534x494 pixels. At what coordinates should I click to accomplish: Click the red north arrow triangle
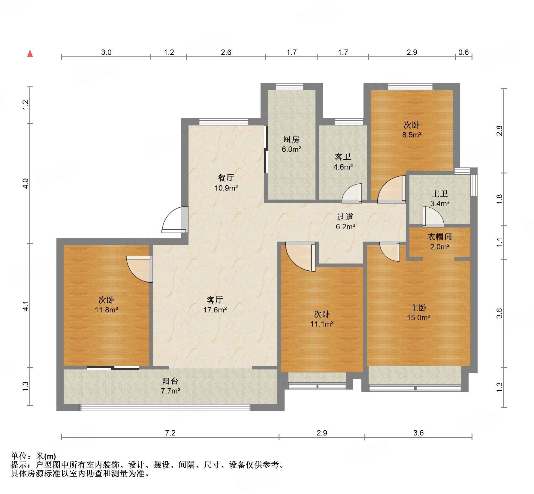(x=30, y=54)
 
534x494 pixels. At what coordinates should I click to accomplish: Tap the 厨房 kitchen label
(x=291, y=139)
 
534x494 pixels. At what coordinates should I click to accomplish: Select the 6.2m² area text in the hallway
(x=345, y=227)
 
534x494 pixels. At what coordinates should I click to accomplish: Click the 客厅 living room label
(x=215, y=300)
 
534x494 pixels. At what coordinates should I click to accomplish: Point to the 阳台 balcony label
(x=170, y=381)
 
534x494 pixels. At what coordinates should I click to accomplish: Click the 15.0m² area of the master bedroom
(x=418, y=318)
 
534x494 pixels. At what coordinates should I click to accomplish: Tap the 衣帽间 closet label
(x=439, y=236)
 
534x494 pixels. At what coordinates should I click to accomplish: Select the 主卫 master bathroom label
(x=439, y=194)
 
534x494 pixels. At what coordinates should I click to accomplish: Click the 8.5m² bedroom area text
(x=412, y=135)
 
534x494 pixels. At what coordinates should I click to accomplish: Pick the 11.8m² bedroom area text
(x=106, y=309)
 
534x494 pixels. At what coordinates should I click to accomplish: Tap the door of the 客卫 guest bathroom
(x=352, y=193)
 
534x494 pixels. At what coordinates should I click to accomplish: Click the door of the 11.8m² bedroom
(x=138, y=269)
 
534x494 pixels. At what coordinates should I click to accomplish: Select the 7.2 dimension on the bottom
(x=170, y=433)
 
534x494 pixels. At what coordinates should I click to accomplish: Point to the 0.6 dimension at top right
(x=463, y=52)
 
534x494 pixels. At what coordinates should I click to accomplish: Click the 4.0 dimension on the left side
(x=26, y=183)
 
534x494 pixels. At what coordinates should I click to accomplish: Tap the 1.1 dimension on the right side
(x=499, y=242)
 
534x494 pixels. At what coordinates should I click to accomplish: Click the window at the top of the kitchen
(x=289, y=87)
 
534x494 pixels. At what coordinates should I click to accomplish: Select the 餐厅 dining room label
(x=226, y=178)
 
